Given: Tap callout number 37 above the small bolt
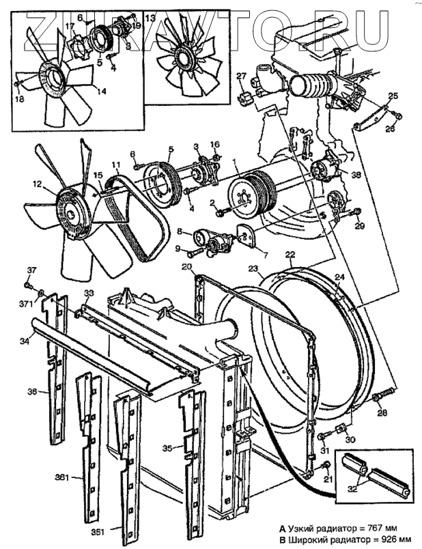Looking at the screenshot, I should tap(31, 268).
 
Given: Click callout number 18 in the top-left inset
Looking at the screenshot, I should tap(18, 98).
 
